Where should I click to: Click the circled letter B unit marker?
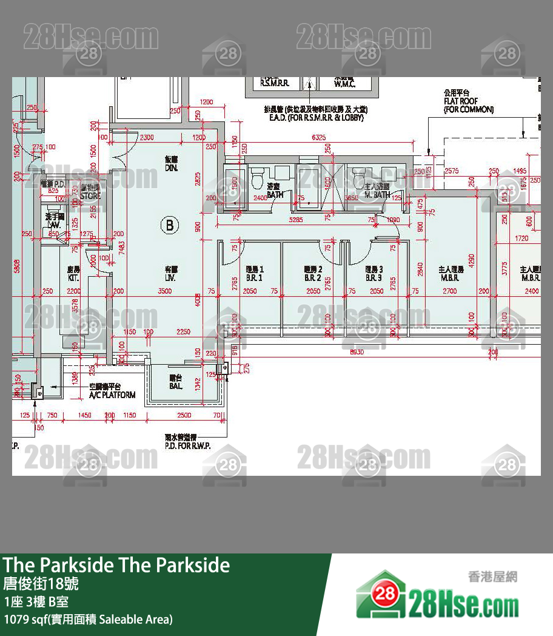click(x=170, y=226)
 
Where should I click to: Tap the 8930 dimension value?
click(x=357, y=352)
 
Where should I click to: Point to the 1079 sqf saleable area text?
click(x=88, y=620)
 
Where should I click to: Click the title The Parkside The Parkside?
click(x=116, y=566)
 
